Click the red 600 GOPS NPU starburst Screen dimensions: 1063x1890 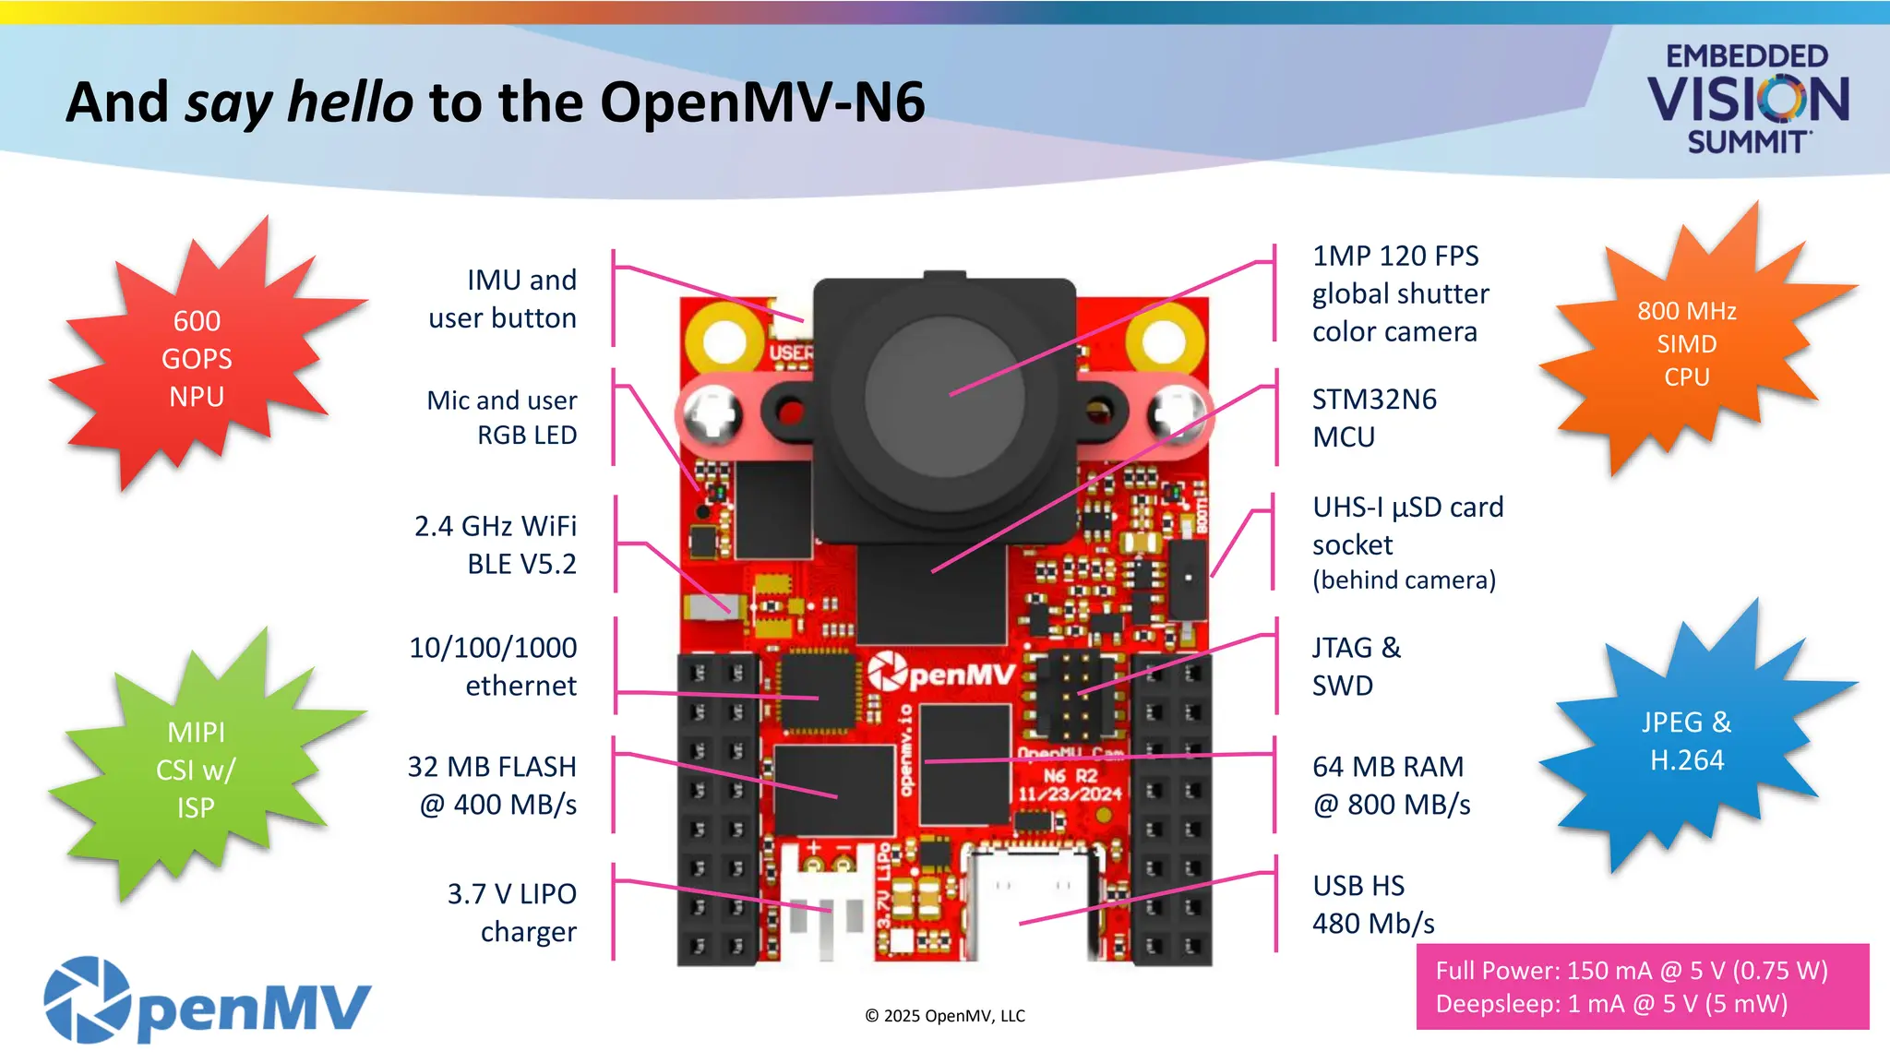pyautogui.click(x=197, y=358)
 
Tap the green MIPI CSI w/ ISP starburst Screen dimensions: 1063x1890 pyautogui.click(x=196, y=770)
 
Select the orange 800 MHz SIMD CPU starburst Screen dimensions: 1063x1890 pyautogui.click(x=1686, y=343)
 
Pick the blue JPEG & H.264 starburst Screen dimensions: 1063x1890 pyautogui.click(x=1686, y=741)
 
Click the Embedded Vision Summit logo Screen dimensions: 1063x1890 pyautogui.click(x=1747, y=99)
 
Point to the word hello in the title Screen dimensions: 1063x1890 pyautogui.click(x=350, y=102)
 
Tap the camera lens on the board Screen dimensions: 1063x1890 pyautogui.click(x=944, y=398)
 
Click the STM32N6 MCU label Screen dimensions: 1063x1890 pyautogui.click(x=1374, y=418)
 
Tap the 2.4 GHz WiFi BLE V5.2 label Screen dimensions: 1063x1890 pyautogui.click(x=496, y=544)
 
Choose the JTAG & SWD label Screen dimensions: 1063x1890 pyautogui.click(x=1356, y=666)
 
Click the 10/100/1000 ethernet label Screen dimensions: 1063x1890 pyautogui.click(x=494, y=666)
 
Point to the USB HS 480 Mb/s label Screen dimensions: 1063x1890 pyautogui.click(x=1372, y=904)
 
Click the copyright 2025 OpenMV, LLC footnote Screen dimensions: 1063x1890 pyautogui.click(x=944, y=1016)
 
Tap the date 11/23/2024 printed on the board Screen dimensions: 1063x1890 pyautogui.click(x=1071, y=794)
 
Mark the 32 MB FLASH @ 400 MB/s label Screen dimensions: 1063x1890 pyautogui.click(x=493, y=785)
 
